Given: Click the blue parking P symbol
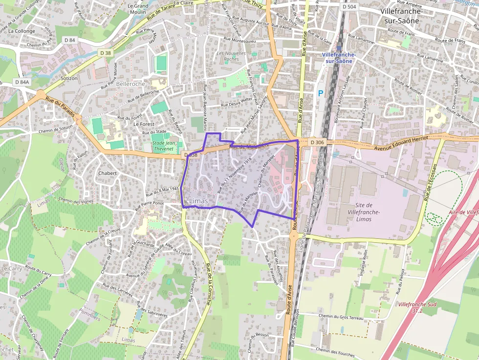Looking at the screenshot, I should tap(321, 93).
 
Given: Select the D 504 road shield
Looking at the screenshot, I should tap(349, 7).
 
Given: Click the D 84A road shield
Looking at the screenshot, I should tap(22, 82).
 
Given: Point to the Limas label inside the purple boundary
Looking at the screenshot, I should tap(198, 201).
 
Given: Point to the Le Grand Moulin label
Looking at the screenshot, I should tap(138, 8).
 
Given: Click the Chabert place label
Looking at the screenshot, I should tap(108, 173).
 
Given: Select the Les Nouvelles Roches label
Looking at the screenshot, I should tap(228, 56).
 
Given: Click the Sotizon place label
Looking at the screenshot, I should tap(69, 78).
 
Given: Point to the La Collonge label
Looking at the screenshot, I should tap(22, 31).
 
